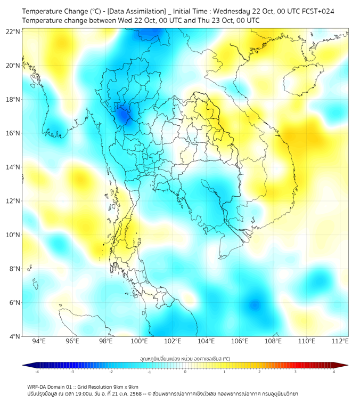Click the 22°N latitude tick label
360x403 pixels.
point(13,31)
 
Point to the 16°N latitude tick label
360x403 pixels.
point(13,133)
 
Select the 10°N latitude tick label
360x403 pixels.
point(13,235)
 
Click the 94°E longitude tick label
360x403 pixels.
point(39,342)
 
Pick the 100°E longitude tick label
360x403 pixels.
point(139,342)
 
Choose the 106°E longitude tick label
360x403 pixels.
point(240,342)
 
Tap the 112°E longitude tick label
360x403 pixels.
point(340,342)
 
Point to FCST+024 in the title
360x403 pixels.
point(317,11)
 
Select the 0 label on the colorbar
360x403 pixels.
point(185,372)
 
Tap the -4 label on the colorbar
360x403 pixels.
point(36,372)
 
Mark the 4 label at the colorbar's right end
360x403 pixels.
point(334,372)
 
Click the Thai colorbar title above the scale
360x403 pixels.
point(185,359)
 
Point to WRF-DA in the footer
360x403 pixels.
point(39,386)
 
